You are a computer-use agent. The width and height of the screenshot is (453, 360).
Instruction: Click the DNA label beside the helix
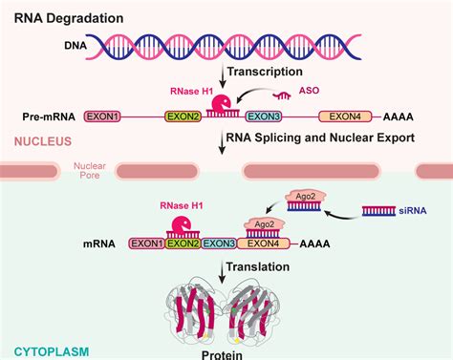[x=78, y=45]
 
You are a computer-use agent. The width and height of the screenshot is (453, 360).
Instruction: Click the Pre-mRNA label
[x=48, y=116]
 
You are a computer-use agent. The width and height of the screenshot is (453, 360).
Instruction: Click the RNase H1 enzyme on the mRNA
[x=180, y=225]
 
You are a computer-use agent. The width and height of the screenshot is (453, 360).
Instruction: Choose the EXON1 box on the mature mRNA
[x=146, y=244]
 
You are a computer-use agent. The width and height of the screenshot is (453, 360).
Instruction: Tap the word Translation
[x=264, y=269]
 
